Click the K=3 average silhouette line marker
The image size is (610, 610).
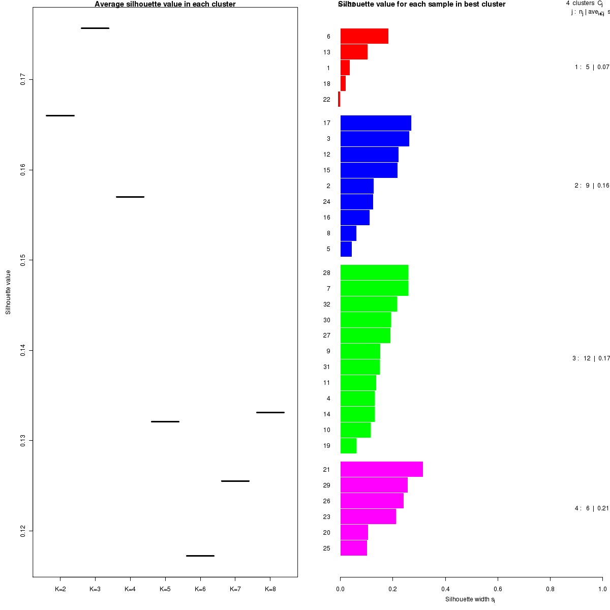click(95, 28)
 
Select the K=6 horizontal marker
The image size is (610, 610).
click(200, 556)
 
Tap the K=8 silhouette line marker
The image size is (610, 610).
click(270, 412)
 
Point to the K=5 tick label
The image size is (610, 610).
click(165, 589)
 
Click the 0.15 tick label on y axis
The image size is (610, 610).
click(23, 260)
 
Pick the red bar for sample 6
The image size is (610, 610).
click(364, 36)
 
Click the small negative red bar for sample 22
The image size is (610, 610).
click(339, 99)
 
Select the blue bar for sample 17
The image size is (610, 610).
click(376, 123)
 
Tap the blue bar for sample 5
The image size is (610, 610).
click(346, 249)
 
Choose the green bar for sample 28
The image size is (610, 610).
click(374, 272)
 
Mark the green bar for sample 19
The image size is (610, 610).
click(348, 446)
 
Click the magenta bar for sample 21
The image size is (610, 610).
click(381, 469)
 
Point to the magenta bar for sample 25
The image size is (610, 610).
click(353, 548)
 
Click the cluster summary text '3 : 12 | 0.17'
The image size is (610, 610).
click(591, 358)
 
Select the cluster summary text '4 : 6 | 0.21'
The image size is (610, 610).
click(592, 508)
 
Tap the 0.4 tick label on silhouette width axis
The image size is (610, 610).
click(445, 589)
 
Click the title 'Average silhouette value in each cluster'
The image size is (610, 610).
click(165, 5)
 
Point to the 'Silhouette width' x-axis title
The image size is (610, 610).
click(470, 599)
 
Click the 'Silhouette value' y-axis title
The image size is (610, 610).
click(8, 292)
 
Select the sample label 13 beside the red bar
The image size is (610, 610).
click(326, 52)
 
